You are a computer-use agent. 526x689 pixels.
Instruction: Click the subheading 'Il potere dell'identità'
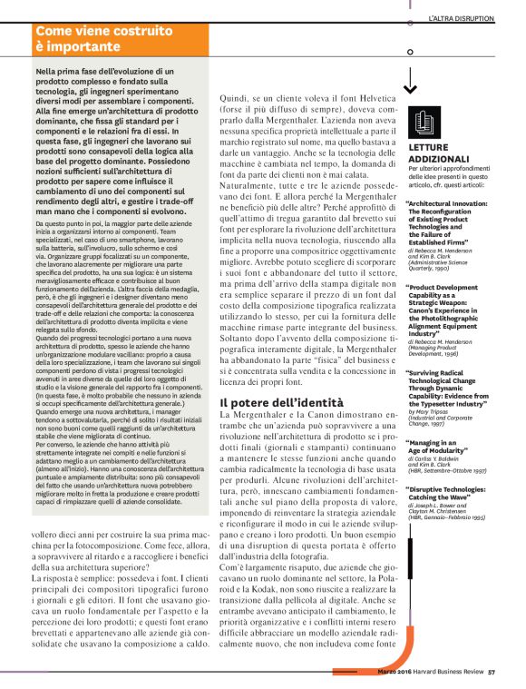(x=281, y=402)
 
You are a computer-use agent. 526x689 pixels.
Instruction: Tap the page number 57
(x=491, y=673)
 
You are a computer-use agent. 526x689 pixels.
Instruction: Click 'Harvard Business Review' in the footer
(x=443, y=673)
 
